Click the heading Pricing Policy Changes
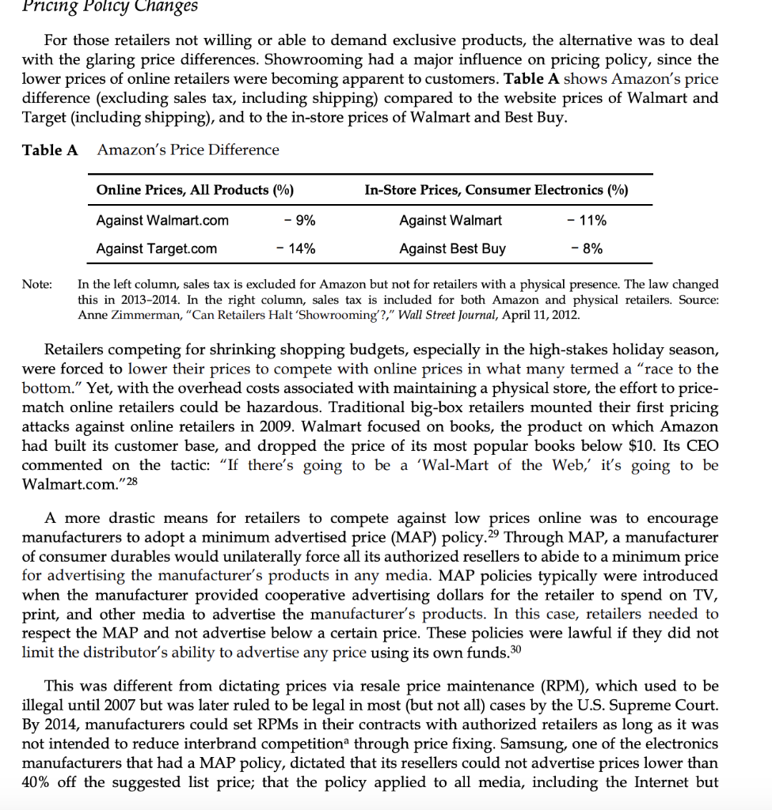110,7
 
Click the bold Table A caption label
49,150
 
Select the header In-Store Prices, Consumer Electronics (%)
496,190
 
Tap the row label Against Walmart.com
162,220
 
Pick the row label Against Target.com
156,248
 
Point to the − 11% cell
587,220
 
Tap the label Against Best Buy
452,248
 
